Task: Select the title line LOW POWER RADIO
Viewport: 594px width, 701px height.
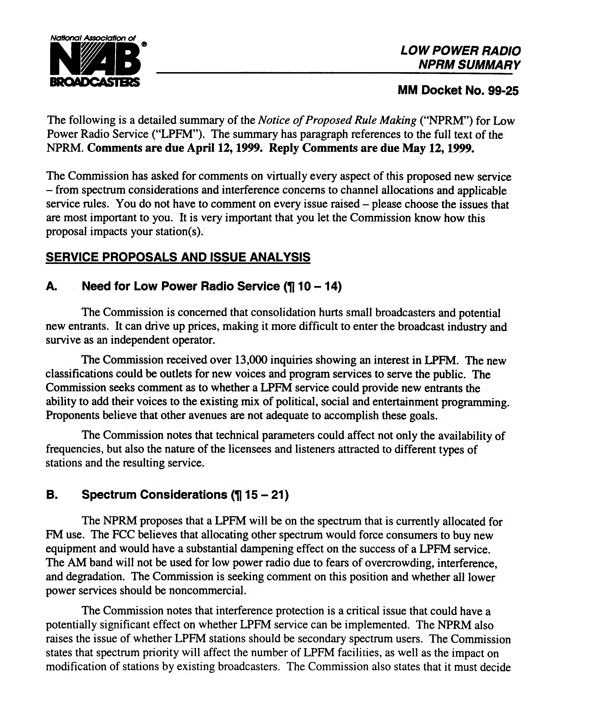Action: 460,51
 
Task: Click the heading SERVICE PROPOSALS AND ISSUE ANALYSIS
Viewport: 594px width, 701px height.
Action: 178,257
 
